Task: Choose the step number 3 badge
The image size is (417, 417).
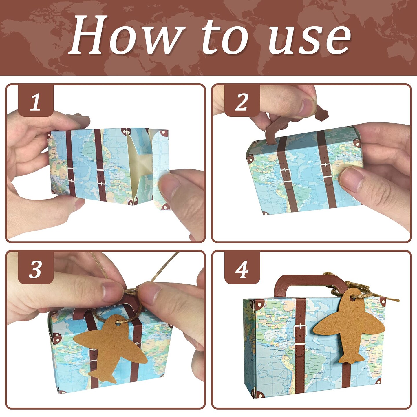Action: tap(36, 269)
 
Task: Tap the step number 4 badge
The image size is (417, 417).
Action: tap(242, 269)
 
